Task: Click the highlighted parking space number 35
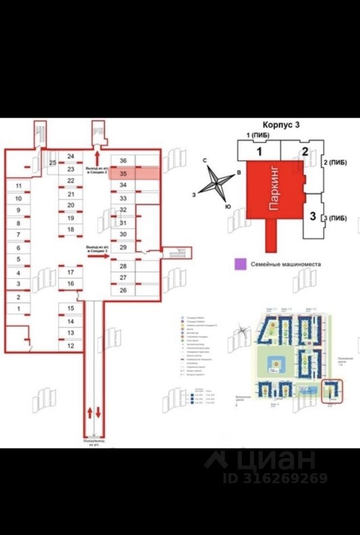pos(124,173)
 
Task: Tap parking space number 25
pos(53,163)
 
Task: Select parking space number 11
pos(18,186)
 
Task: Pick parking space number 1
pos(18,308)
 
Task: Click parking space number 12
pos(71,346)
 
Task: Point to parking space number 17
pos(71,272)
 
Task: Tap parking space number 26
pos(124,290)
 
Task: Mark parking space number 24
pos(71,157)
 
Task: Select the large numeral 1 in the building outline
pos(259,151)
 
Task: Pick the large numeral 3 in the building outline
pos(313,215)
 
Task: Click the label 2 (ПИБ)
pos(335,162)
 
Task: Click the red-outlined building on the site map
pos(333,390)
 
